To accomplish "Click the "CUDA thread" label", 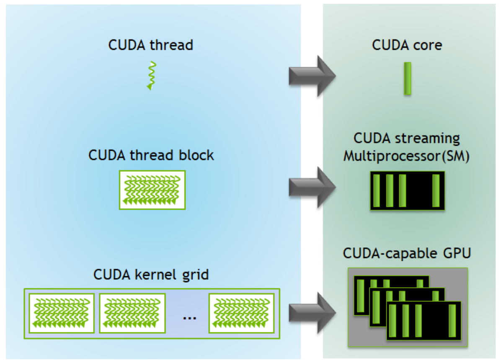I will coord(151,45).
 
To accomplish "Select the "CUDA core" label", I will coord(407,45).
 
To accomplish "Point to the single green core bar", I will coord(407,79).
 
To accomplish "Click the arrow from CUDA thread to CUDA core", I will coord(312,76).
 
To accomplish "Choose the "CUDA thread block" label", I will coord(151,155).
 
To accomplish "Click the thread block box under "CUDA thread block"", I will coord(152,190).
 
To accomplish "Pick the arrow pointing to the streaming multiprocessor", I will coord(312,188).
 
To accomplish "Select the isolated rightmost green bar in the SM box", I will coord(436,190).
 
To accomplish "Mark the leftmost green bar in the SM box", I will coord(376,190).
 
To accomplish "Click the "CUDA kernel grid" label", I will coord(151,275).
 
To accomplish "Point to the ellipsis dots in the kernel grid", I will coord(189,317).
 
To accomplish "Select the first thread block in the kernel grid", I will coord(61,313).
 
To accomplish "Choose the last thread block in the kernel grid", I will coord(242,313).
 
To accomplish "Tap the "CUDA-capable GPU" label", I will coord(407,253).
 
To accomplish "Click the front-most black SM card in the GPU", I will coord(424,321).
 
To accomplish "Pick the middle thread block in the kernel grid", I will coord(132,313).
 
